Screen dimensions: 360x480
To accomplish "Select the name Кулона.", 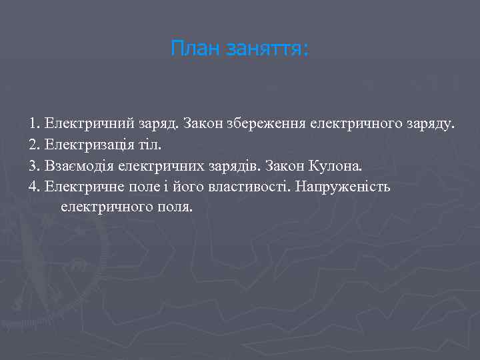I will (338, 165).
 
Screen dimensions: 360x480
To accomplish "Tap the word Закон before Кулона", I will (287, 165).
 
